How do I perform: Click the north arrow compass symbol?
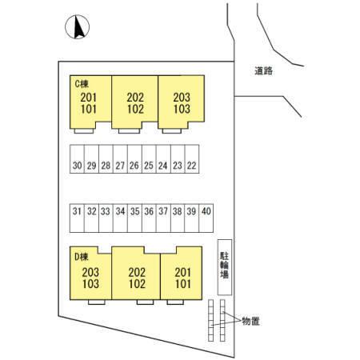[x=77, y=27]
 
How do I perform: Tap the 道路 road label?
[x=263, y=71]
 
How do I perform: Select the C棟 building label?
[x=82, y=84]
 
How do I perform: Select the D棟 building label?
[x=81, y=257]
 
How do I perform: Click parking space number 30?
[x=77, y=159]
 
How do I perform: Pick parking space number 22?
[x=192, y=159]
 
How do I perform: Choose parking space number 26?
[x=134, y=159]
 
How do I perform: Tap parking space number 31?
[x=77, y=218]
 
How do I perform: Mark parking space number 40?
[x=206, y=218]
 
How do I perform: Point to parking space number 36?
[x=149, y=218]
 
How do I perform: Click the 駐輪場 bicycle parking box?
[x=225, y=267]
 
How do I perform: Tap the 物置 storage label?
[x=250, y=322]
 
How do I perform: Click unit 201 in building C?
[x=88, y=98]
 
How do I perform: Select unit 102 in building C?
[x=135, y=109]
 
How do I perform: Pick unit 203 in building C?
[x=182, y=98]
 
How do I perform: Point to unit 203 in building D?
[x=90, y=273]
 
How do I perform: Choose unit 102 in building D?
[x=137, y=284]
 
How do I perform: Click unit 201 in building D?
[x=183, y=273]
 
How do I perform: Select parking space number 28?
[x=106, y=159]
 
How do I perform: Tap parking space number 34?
[x=120, y=218]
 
